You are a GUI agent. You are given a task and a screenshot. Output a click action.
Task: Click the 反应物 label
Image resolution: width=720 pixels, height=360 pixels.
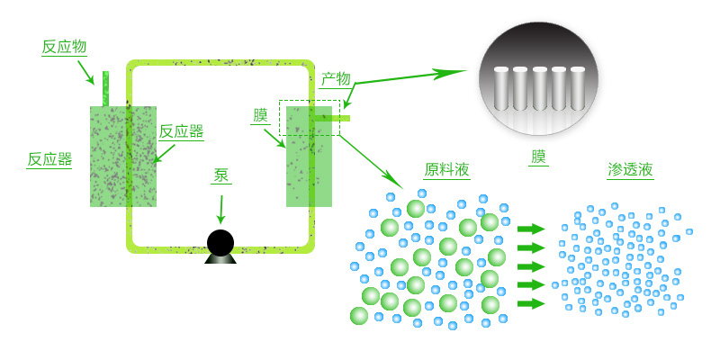click(x=64, y=48)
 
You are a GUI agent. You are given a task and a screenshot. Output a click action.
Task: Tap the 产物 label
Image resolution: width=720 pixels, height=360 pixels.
click(x=336, y=80)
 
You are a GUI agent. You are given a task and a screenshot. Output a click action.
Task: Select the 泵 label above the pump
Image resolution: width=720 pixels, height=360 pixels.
click(x=221, y=175)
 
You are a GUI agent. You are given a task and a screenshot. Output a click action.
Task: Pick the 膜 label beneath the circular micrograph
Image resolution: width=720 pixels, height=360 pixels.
click(x=538, y=157)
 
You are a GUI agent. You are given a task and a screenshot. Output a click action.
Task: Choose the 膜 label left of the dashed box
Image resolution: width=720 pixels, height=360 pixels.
click(x=261, y=115)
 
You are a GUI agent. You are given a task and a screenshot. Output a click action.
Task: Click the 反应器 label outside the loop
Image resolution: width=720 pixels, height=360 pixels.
click(x=49, y=159)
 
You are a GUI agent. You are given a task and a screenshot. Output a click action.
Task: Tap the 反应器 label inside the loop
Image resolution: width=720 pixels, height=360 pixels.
click(x=181, y=131)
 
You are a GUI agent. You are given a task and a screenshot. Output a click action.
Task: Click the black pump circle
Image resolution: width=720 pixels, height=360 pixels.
click(x=220, y=242)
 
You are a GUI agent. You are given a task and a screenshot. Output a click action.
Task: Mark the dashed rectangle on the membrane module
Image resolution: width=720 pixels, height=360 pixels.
click(x=310, y=118)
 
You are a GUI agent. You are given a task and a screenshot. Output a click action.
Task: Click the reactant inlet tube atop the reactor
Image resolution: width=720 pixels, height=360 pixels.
click(x=105, y=88)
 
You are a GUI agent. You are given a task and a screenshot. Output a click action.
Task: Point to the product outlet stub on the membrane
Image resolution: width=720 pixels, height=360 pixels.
click(x=340, y=117)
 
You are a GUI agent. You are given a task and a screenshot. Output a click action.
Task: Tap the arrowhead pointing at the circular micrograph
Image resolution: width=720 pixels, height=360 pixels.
click(x=454, y=72)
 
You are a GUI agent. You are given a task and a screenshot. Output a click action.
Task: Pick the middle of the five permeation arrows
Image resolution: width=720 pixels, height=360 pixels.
click(x=532, y=266)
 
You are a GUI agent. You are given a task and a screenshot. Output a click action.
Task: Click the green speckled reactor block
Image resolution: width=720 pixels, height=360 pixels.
click(x=123, y=155)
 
